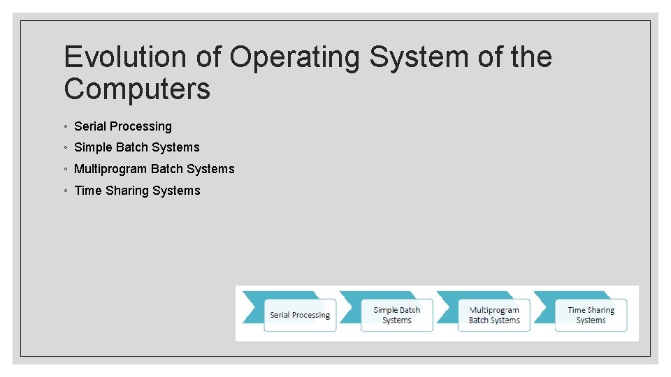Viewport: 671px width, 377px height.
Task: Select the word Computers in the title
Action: pyautogui.click(x=137, y=89)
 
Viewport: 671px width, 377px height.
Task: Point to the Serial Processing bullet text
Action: pyautogui.click(x=123, y=126)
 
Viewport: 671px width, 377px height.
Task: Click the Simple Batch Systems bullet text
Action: pyautogui.click(x=137, y=147)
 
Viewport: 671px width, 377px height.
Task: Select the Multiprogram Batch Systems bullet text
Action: pyautogui.click(x=154, y=169)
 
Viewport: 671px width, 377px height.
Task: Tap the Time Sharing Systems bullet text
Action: pyautogui.click(x=137, y=191)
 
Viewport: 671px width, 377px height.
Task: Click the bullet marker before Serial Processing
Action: pyautogui.click(x=64, y=127)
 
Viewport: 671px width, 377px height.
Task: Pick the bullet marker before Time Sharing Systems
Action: pyautogui.click(x=64, y=191)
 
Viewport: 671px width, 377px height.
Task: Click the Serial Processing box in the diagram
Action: pyautogui.click(x=300, y=316)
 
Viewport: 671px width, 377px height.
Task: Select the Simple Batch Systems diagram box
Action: pyautogui.click(x=397, y=316)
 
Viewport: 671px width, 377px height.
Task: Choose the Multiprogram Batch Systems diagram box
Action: pyautogui.click(x=494, y=316)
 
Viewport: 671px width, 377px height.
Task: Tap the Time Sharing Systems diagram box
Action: pyautogui.click(x=591, y=316)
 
